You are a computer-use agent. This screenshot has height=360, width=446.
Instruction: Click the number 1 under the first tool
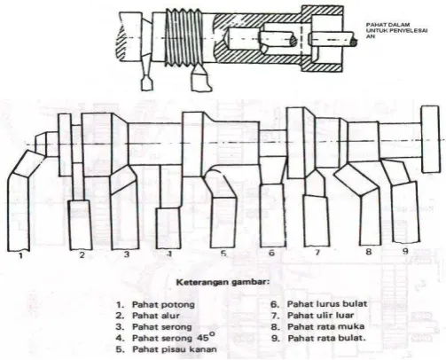point(20,255)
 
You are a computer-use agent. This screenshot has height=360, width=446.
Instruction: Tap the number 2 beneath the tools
point(82,254)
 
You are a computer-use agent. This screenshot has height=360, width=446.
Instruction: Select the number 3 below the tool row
point(127,254)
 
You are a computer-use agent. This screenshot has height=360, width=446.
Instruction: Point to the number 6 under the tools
point(271,253)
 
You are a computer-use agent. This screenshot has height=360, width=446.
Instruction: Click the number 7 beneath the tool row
point(317,253)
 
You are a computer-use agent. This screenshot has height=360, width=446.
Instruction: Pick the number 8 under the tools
point(368,252)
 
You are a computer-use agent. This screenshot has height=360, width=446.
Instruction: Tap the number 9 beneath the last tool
point(405,251)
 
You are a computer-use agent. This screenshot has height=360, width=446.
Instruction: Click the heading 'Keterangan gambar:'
point(223,282)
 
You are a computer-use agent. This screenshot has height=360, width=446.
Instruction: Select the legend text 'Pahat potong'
point(163,304)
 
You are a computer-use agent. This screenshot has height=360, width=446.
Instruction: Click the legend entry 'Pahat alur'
point(156,316)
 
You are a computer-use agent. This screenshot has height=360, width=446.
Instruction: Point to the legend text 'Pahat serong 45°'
point(174,337)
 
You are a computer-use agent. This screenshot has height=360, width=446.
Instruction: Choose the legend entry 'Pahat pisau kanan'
point(175,349)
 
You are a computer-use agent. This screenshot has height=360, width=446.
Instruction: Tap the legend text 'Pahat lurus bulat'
point(327,304)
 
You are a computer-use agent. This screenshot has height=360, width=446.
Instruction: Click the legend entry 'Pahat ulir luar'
point(321,316)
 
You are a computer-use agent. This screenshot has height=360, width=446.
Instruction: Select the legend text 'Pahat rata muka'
point(326,326)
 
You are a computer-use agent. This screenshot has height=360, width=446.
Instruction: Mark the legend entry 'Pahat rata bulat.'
point(327,338)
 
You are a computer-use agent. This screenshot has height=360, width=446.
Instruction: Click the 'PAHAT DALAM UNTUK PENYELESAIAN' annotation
point(396,31)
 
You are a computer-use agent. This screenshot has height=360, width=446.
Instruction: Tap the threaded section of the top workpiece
point(184,35)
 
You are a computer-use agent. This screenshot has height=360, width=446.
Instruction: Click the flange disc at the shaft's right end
point(430,139)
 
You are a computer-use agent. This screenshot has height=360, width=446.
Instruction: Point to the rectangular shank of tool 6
point(273,215)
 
